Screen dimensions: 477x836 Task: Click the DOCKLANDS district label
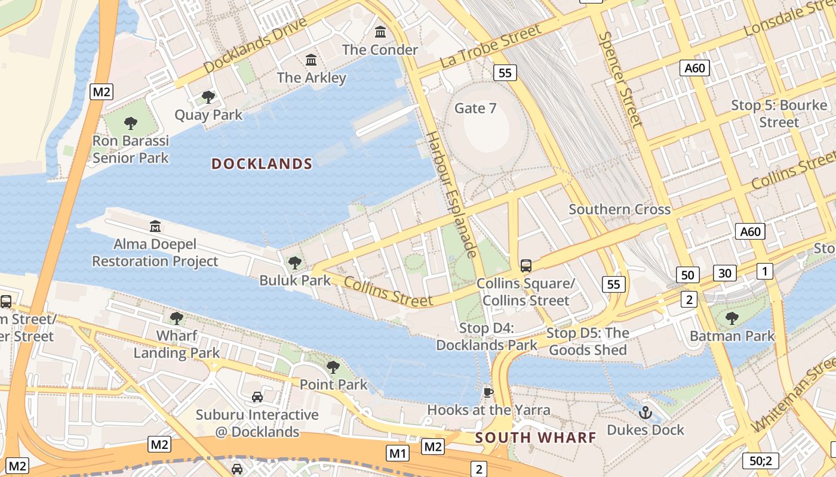point(262,164)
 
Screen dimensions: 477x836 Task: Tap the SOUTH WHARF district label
point(536,438)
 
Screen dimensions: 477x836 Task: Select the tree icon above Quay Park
point(208,97)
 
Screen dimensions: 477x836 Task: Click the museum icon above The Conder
point(380,31)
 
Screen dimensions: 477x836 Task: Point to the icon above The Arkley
point(311,60)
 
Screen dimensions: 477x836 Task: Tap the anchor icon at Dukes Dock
point(645,412)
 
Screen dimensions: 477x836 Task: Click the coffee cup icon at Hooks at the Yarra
point(488,392)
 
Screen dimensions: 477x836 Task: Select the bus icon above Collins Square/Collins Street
point(525,265)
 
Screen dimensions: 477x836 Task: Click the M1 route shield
point(398,453)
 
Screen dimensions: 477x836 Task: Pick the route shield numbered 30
point(725,273)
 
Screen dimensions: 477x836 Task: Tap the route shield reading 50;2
point(761,460)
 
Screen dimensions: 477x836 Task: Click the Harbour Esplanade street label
point(450,194)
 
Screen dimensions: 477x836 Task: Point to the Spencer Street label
point(621,79)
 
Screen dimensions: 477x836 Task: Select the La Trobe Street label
point(490,46)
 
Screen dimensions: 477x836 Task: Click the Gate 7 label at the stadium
point(475,108)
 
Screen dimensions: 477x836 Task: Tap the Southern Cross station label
point(619,209)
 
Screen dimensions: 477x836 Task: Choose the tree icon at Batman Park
point(732,318)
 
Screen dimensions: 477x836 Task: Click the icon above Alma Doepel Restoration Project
point(155,227)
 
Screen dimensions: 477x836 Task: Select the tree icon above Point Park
point(333,367)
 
